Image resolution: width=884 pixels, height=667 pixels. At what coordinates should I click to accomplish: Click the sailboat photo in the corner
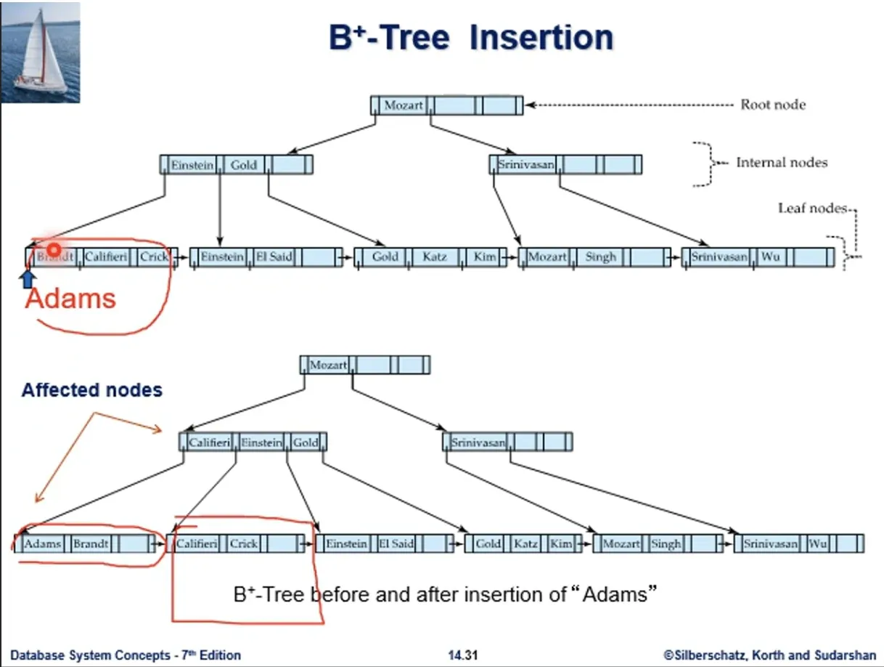pos(40,52)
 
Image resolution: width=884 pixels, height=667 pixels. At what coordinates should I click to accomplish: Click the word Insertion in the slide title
pos(541,38)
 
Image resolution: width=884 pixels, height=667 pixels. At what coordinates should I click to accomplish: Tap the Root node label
pos(773,105)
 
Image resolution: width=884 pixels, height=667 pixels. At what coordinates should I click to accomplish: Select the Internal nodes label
pos(782,163)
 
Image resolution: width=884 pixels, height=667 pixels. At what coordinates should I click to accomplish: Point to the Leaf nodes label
pos(813,208)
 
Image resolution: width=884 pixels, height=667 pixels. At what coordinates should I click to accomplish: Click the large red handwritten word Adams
pos(70,299)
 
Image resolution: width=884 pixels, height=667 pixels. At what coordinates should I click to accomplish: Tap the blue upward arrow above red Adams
pos(28,279)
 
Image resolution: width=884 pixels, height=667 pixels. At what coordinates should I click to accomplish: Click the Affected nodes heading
pos(92,390)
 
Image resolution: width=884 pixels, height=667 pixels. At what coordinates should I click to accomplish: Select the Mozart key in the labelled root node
pos(404,105)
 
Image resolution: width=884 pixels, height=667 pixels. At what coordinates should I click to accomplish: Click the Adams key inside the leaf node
pos(42,543)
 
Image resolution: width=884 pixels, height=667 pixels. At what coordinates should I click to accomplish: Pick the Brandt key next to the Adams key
pos(91,543)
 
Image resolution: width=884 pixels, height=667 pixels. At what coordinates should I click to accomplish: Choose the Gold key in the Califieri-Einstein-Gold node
pos(306,442)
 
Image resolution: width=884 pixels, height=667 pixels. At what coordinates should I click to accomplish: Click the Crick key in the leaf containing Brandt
pos(154,256)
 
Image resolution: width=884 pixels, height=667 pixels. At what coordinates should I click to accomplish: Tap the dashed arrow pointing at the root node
pos(629,105)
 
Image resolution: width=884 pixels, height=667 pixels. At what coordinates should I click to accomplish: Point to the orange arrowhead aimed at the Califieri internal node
pos(157,429)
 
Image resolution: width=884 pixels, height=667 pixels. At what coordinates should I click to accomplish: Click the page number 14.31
pos(463,655)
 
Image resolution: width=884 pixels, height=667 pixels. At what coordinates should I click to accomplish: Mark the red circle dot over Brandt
pos(54,250)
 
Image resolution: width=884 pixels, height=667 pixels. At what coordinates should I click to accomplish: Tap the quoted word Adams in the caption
pos(615,594)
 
